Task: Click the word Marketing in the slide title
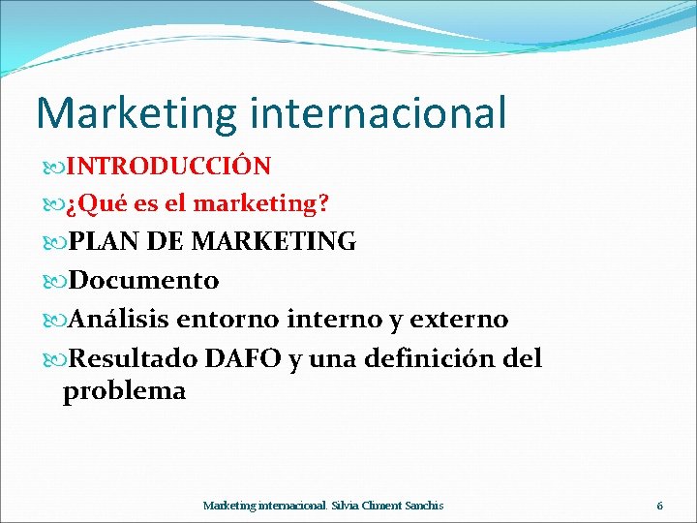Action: tap(136, 112)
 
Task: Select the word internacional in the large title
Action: tap(378, 112)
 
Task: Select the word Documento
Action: tap(144, 281)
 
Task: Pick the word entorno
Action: tap(237, 320)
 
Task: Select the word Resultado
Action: tap(134, 359)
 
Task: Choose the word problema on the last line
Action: tap(124, 391)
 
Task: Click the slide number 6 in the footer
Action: tap(660, 506)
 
